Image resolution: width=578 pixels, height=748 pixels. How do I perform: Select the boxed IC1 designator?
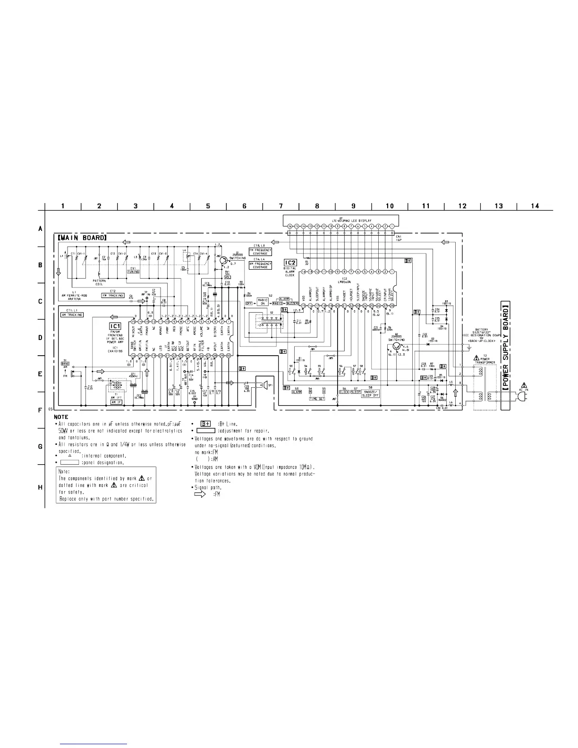(x=115, y=326)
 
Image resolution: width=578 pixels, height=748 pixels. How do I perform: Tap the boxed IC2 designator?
(x=290, y=262)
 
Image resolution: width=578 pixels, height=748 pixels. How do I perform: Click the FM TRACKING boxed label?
(x=113, y=296)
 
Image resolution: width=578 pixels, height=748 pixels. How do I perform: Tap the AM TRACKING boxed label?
(x=72, y=314)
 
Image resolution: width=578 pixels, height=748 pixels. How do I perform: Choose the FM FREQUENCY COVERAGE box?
(x=260, y=251)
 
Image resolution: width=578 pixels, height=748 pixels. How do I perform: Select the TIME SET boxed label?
(x=317, y=399)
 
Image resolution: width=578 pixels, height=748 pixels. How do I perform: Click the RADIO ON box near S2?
(x=262, y=303)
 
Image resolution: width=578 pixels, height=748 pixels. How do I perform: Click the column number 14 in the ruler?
(x=535, y=205)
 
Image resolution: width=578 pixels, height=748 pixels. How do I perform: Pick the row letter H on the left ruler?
(x=40, y=487)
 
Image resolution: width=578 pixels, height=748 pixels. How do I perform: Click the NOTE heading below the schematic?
(x=61, y=417)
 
